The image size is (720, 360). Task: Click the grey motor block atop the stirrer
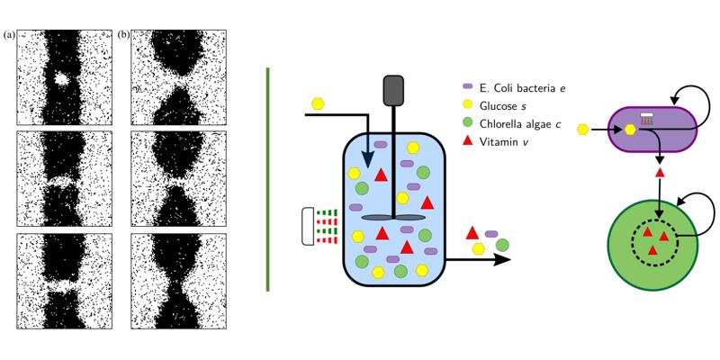click(x=393, y=90)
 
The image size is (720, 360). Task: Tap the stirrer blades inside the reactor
click(x=393, y=218)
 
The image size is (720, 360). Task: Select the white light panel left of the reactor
click(x=309, y=228)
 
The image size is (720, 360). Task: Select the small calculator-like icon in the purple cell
click(x=646, y=118)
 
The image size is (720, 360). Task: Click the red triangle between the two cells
click(x=660, y=171)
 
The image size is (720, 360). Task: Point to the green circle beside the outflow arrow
click(x=501, y=243)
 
